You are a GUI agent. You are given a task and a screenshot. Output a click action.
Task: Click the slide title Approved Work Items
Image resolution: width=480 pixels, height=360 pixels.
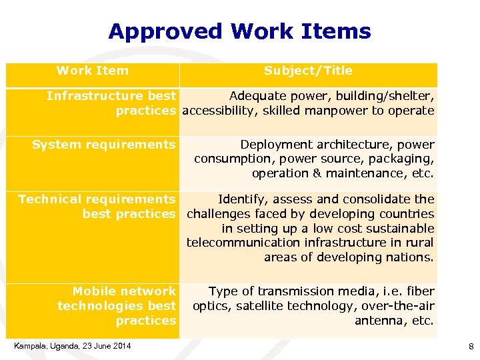(239, 31)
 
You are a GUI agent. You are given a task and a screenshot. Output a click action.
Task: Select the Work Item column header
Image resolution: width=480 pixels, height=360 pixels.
(93, 71)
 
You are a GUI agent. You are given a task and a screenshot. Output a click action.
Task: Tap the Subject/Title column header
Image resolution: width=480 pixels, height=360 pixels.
(308, 71)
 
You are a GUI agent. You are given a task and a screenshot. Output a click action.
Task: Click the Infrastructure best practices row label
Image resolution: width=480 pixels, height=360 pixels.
(111, 103)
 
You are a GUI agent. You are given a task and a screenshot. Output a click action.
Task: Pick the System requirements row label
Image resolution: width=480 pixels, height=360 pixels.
(104, 145)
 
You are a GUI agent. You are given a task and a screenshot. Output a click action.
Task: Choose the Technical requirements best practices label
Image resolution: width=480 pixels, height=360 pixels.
(97, 207)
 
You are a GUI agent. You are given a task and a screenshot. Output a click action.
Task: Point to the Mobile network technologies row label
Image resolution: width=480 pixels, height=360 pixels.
(117, 305)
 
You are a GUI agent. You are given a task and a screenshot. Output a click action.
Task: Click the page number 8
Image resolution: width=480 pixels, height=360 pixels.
(471, 346)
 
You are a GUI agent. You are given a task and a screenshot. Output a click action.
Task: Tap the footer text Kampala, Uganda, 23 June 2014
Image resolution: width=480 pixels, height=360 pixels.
(73, 345)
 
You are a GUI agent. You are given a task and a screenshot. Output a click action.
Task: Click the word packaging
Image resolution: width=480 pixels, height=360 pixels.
(404, 159)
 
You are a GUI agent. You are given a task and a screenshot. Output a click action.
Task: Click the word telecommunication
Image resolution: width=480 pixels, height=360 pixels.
(244, 243)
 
